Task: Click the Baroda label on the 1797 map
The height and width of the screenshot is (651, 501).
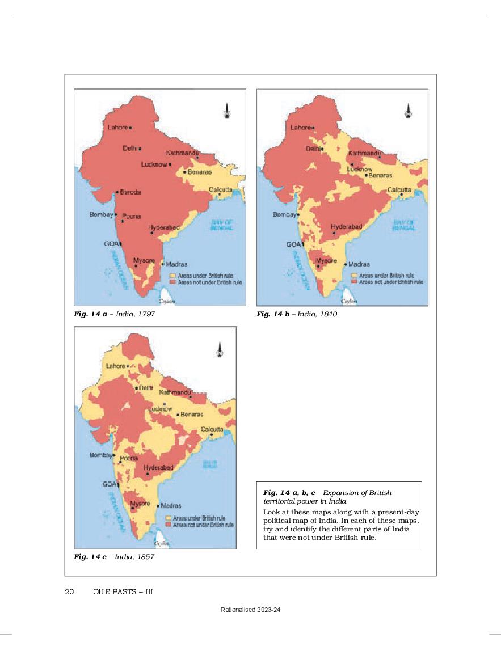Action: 130,192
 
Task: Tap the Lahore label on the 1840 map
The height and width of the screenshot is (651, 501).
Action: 301,128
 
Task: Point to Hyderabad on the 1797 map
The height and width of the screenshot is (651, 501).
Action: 165,227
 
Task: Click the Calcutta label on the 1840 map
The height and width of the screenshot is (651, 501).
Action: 399,189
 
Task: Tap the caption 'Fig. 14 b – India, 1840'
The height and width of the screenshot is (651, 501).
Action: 297,314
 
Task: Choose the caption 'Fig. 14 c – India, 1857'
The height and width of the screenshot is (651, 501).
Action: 114,557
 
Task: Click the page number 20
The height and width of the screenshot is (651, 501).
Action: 70,592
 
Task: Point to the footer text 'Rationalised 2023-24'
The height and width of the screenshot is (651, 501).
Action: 251,610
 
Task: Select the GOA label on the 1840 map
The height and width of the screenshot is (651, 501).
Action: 293,244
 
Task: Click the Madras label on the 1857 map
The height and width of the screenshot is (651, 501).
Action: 171,505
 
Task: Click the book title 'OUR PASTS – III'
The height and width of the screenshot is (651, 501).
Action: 123,592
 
